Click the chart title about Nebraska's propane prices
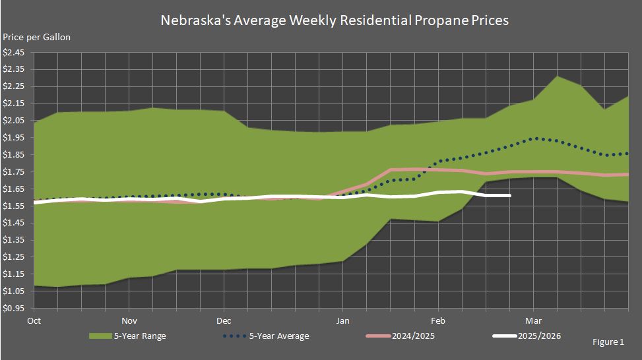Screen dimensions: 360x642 (335, 20)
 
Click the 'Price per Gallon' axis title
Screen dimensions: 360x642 (37, 37)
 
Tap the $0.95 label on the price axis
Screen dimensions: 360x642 (14, 308)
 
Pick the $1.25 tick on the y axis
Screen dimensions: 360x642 (14, 257)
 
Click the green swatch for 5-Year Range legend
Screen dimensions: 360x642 (102, 336)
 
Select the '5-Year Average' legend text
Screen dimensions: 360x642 (279, 336)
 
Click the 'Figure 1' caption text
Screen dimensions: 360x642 (608, 342)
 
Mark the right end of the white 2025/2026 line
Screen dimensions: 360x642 (509, 195)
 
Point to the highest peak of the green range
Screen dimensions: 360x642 (558, 76)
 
